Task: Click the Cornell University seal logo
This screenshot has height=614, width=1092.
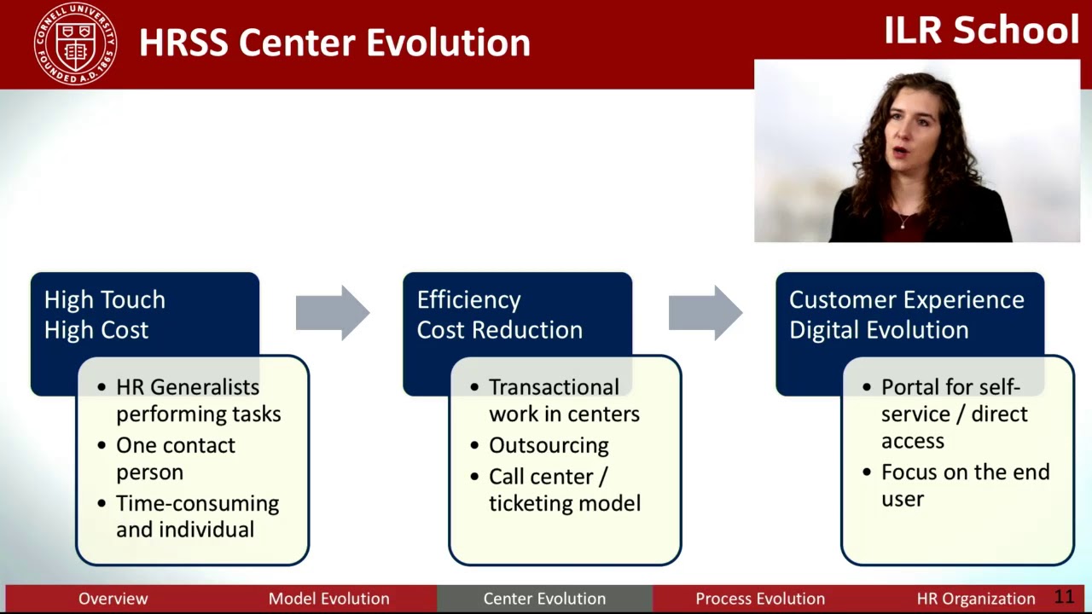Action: tap(75, 43)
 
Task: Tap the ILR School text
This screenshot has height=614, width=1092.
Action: tap(981, 31)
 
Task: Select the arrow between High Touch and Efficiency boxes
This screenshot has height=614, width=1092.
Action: tap(332, 313)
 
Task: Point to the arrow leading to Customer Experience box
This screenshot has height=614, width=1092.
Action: tap(705, 313)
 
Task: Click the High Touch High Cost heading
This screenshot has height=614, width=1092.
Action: tap(104, 315)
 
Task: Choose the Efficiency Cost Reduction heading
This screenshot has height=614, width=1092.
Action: tap(499, 315)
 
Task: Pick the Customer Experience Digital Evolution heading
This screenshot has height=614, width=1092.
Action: tap(906, 315)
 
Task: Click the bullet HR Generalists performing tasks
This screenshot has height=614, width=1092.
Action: tap(198, 400)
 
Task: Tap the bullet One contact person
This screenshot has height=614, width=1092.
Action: tap(175, 458)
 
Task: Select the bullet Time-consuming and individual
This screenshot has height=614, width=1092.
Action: tap(197, 516)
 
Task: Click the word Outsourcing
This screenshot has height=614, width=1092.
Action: tap(549, 445)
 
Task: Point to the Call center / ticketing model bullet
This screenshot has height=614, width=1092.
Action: tap(564, 489)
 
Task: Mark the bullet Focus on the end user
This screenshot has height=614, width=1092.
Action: tap(964, 484)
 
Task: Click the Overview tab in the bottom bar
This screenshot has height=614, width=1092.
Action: tap(113, 599)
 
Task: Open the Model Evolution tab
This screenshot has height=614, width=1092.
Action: tap(328, 599)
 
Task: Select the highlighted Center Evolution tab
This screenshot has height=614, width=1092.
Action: tap(544, 599)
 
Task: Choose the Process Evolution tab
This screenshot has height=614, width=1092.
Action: tap(759, 599)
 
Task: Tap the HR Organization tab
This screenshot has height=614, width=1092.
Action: tap(975, 599)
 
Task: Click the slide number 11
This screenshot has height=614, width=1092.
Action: tap(1064, 597)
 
